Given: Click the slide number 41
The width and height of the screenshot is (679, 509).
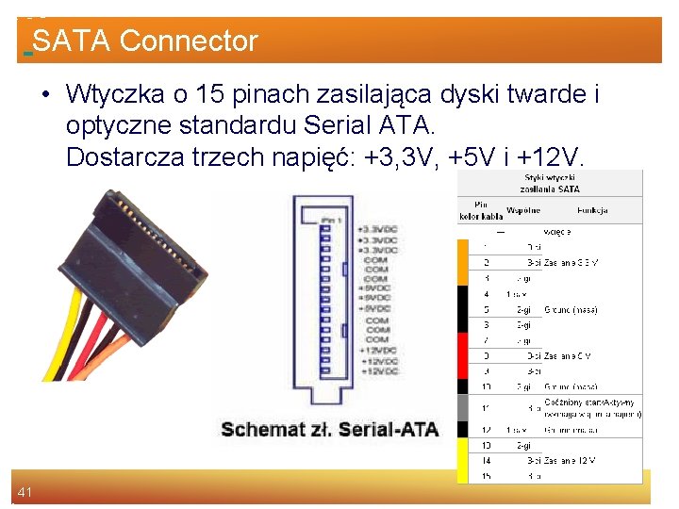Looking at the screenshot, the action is [x=25, y=491].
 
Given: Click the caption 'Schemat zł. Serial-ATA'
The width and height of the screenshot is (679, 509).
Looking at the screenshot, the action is [x=329, y=430].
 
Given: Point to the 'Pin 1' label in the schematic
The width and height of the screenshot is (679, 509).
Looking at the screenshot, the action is [x=331, y=220].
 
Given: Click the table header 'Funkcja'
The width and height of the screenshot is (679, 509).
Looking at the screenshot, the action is [x=592, y=210].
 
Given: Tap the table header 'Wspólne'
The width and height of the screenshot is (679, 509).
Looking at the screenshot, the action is [x=523, y=210].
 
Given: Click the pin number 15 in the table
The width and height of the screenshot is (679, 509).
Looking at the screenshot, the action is [x=486, y=476].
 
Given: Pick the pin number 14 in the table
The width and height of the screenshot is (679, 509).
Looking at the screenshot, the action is [x=486, y=461].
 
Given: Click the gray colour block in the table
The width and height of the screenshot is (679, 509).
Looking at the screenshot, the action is [x=463, y=408].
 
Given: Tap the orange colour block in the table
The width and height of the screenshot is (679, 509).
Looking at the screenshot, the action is [x=463, y=261].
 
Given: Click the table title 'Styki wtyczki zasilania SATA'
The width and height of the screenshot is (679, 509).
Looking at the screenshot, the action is [x=552, y=182].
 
